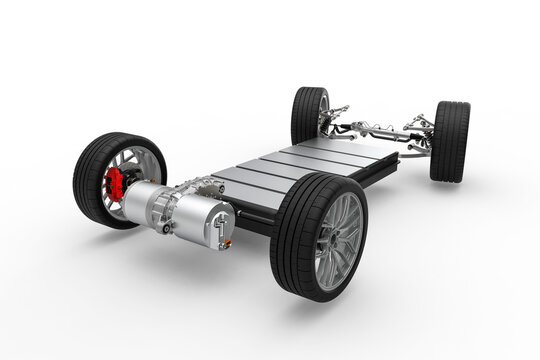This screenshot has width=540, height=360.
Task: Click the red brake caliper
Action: point(116,183)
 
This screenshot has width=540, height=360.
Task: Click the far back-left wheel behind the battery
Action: point(309,114)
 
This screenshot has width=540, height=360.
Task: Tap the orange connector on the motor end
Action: point(226,242)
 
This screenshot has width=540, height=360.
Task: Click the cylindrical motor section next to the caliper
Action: point(150,200)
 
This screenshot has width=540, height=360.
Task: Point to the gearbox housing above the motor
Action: point(200,186)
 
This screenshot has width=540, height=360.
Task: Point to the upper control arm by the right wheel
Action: point(418,124)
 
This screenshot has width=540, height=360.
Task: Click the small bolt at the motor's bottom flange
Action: point(167,228)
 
